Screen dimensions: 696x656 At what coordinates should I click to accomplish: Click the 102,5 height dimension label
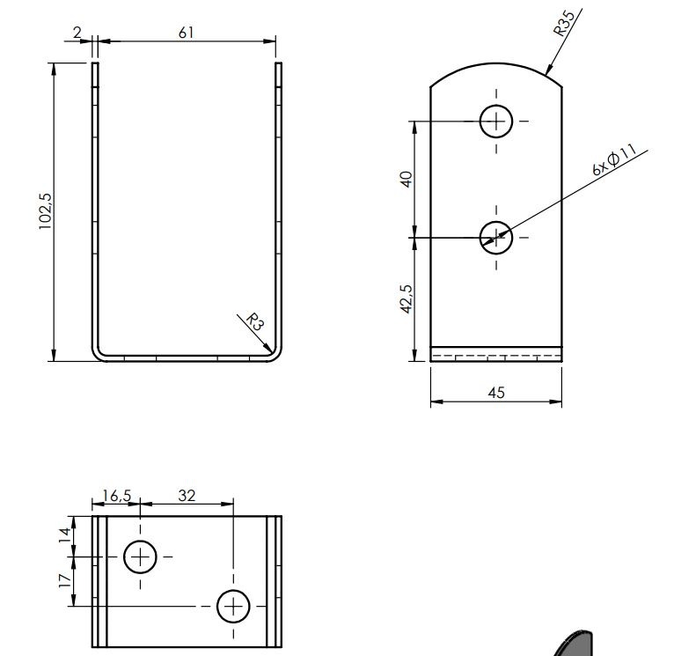(46, 211)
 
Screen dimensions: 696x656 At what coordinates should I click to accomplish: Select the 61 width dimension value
(187, 33)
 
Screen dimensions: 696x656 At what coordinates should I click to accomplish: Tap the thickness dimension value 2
(77, 33)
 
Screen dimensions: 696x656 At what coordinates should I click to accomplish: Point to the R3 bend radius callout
(255, 322)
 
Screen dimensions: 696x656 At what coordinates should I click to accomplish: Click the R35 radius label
(564, 23)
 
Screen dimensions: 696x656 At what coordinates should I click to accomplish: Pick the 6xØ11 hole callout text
(615, 159)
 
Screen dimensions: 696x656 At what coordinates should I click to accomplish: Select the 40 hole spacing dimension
(407, 179)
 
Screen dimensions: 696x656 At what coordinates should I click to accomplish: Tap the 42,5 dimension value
(407, 299)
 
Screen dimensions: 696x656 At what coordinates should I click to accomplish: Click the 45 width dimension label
(496, 393)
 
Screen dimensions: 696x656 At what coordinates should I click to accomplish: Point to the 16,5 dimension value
(117, 496)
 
